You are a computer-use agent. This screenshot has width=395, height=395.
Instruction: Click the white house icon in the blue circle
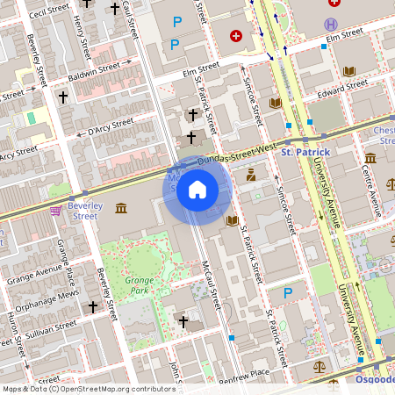[x=197, y=190]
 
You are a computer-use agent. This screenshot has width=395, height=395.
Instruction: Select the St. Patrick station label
[x=305, y=153]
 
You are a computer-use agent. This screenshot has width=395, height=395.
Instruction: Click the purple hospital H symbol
[x=330, y=24]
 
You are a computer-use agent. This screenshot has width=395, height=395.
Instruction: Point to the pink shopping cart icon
[x=56, y=211]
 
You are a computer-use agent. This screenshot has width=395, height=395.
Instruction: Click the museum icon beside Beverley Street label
[x=120, y=208]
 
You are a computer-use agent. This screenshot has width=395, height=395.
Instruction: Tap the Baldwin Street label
[x=99, y=68]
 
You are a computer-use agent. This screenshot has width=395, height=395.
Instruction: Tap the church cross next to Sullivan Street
[x=93, y=307]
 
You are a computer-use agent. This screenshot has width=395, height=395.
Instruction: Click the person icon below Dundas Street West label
[x=250, y=174]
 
